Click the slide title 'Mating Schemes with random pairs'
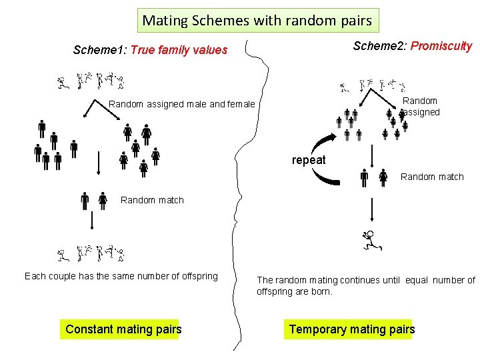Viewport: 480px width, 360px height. coord(257,21)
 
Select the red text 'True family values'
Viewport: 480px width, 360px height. coord(179,50)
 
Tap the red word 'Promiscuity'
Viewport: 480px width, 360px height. coord(441,46)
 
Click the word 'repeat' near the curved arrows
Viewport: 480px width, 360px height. coord(309,160)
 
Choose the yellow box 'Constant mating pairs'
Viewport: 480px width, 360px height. coord(123,329)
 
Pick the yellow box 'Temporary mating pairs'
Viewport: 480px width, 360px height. coord(351,329)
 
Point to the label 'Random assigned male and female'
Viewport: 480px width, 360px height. coord(181,104)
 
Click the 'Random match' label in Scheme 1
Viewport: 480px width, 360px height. coord(152,200)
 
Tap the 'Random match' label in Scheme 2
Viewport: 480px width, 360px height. coord(432,177)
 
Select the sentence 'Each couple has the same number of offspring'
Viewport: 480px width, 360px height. coord(121,276)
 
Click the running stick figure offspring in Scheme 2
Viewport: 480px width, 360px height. coord(371,240)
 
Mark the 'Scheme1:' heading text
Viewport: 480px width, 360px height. coord(100,50)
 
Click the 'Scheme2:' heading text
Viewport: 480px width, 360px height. coord(380,46)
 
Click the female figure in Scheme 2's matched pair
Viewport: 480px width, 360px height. coord(383,178)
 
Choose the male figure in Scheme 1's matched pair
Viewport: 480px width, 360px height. coord(85,201)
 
